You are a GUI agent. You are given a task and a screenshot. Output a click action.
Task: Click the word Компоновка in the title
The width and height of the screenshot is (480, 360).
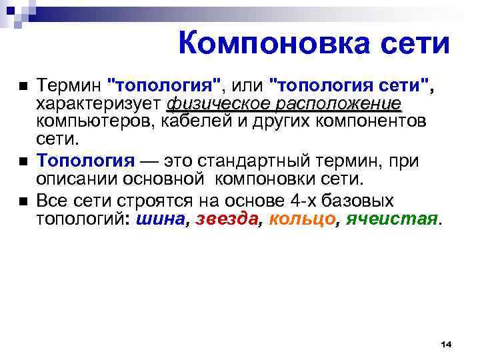pyautogui.click(x=266, y=44)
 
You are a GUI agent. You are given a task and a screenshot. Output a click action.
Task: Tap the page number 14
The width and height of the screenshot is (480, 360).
pyautogui.click(x=446, y=343)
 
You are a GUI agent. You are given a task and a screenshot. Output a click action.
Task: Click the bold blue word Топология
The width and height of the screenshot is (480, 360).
pyautogui.click(x=85, y=160)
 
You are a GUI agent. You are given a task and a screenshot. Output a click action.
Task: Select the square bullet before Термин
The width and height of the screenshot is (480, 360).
pyautogui.click(x=22, y=87)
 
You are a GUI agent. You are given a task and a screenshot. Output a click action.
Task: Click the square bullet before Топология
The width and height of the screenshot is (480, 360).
pyautogui.click(x=22, y=161)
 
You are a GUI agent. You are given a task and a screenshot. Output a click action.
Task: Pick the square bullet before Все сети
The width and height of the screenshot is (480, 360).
pyautogui.click(x=22, y=201)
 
